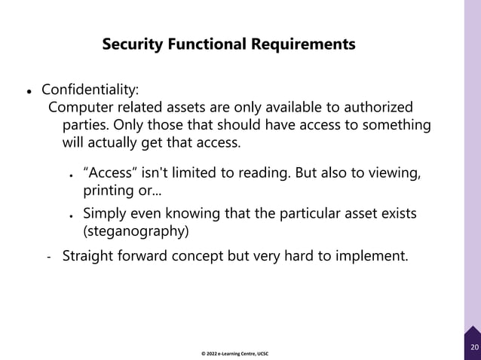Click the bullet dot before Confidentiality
[x=29, y=91]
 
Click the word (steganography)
[x=136, y=230]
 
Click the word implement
[x=372, y=255]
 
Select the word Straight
[x=89, y=255]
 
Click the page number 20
[x=473, y=347]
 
